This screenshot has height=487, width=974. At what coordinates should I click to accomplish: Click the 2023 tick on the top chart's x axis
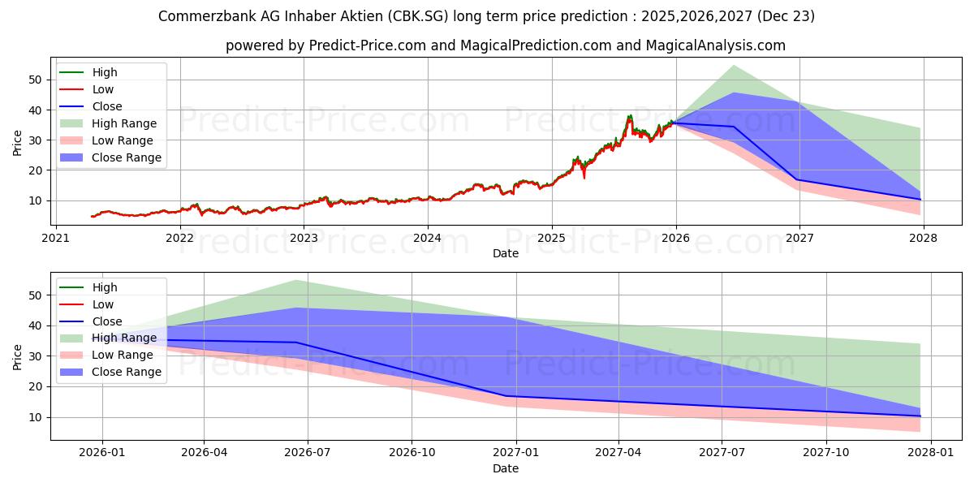coord(304,238)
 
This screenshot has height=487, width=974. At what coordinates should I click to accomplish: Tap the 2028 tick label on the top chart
coord(924,238)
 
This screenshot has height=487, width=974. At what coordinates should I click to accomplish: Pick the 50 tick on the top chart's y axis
coord(34,80)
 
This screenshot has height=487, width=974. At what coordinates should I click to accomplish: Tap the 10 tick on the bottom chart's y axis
coord(34,417)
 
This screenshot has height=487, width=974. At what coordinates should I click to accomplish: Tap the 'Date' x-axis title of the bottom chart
coord(506,468)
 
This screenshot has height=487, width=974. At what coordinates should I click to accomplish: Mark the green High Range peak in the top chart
coord(734,65)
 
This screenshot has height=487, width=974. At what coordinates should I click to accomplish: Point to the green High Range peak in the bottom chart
coord(295,280)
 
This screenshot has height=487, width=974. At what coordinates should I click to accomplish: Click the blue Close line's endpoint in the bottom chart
coord(920,416)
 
